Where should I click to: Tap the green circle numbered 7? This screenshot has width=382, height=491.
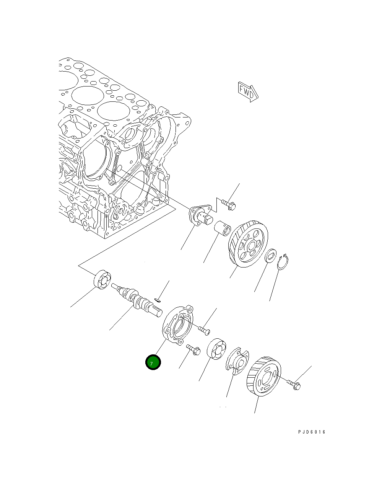(153, 363)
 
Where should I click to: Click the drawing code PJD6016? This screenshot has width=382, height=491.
(312, 432)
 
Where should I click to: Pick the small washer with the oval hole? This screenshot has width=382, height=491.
(271, 256)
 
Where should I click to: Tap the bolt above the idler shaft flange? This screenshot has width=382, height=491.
(229, 205)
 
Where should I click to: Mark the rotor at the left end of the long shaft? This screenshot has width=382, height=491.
(102, 279)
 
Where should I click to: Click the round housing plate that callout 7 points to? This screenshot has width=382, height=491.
(178, 324)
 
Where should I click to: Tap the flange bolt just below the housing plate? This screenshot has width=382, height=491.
(193, 349)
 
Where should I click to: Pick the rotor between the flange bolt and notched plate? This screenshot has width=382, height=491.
(216, 349)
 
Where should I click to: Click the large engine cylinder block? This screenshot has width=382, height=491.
(115, 153)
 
